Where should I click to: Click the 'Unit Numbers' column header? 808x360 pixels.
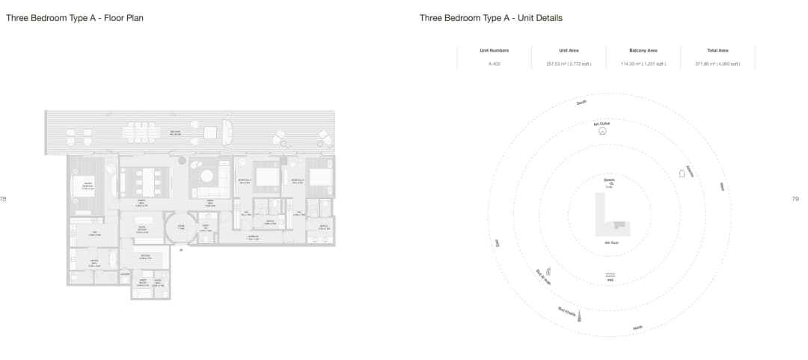click(x=495, y=50)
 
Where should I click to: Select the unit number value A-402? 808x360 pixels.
click(x=495, y=64)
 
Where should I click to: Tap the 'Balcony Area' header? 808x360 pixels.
click(x=643, y=50)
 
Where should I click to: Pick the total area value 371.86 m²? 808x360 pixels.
click(x=717, y=64)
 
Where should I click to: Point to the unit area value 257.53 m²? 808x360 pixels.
click(x=569, y=64)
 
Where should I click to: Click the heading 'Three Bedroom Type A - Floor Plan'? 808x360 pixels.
click(x=75, y=18)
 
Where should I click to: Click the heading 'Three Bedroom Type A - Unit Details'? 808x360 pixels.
click(x=491, y=18)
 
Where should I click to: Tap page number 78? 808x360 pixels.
click(x=3, y=199)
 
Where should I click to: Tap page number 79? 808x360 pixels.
click(x=795, y=199)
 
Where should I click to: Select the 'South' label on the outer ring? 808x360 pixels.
click(x=582, y=103)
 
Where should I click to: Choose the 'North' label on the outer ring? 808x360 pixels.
click(x=637, y=328)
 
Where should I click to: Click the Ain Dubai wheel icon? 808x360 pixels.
click(x=602, y=130)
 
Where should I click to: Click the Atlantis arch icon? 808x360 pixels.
click(x=682, y=174)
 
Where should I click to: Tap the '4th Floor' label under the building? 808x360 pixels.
click(x=610, y=243)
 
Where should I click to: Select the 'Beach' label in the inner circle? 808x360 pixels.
click(x=609, y=180)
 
